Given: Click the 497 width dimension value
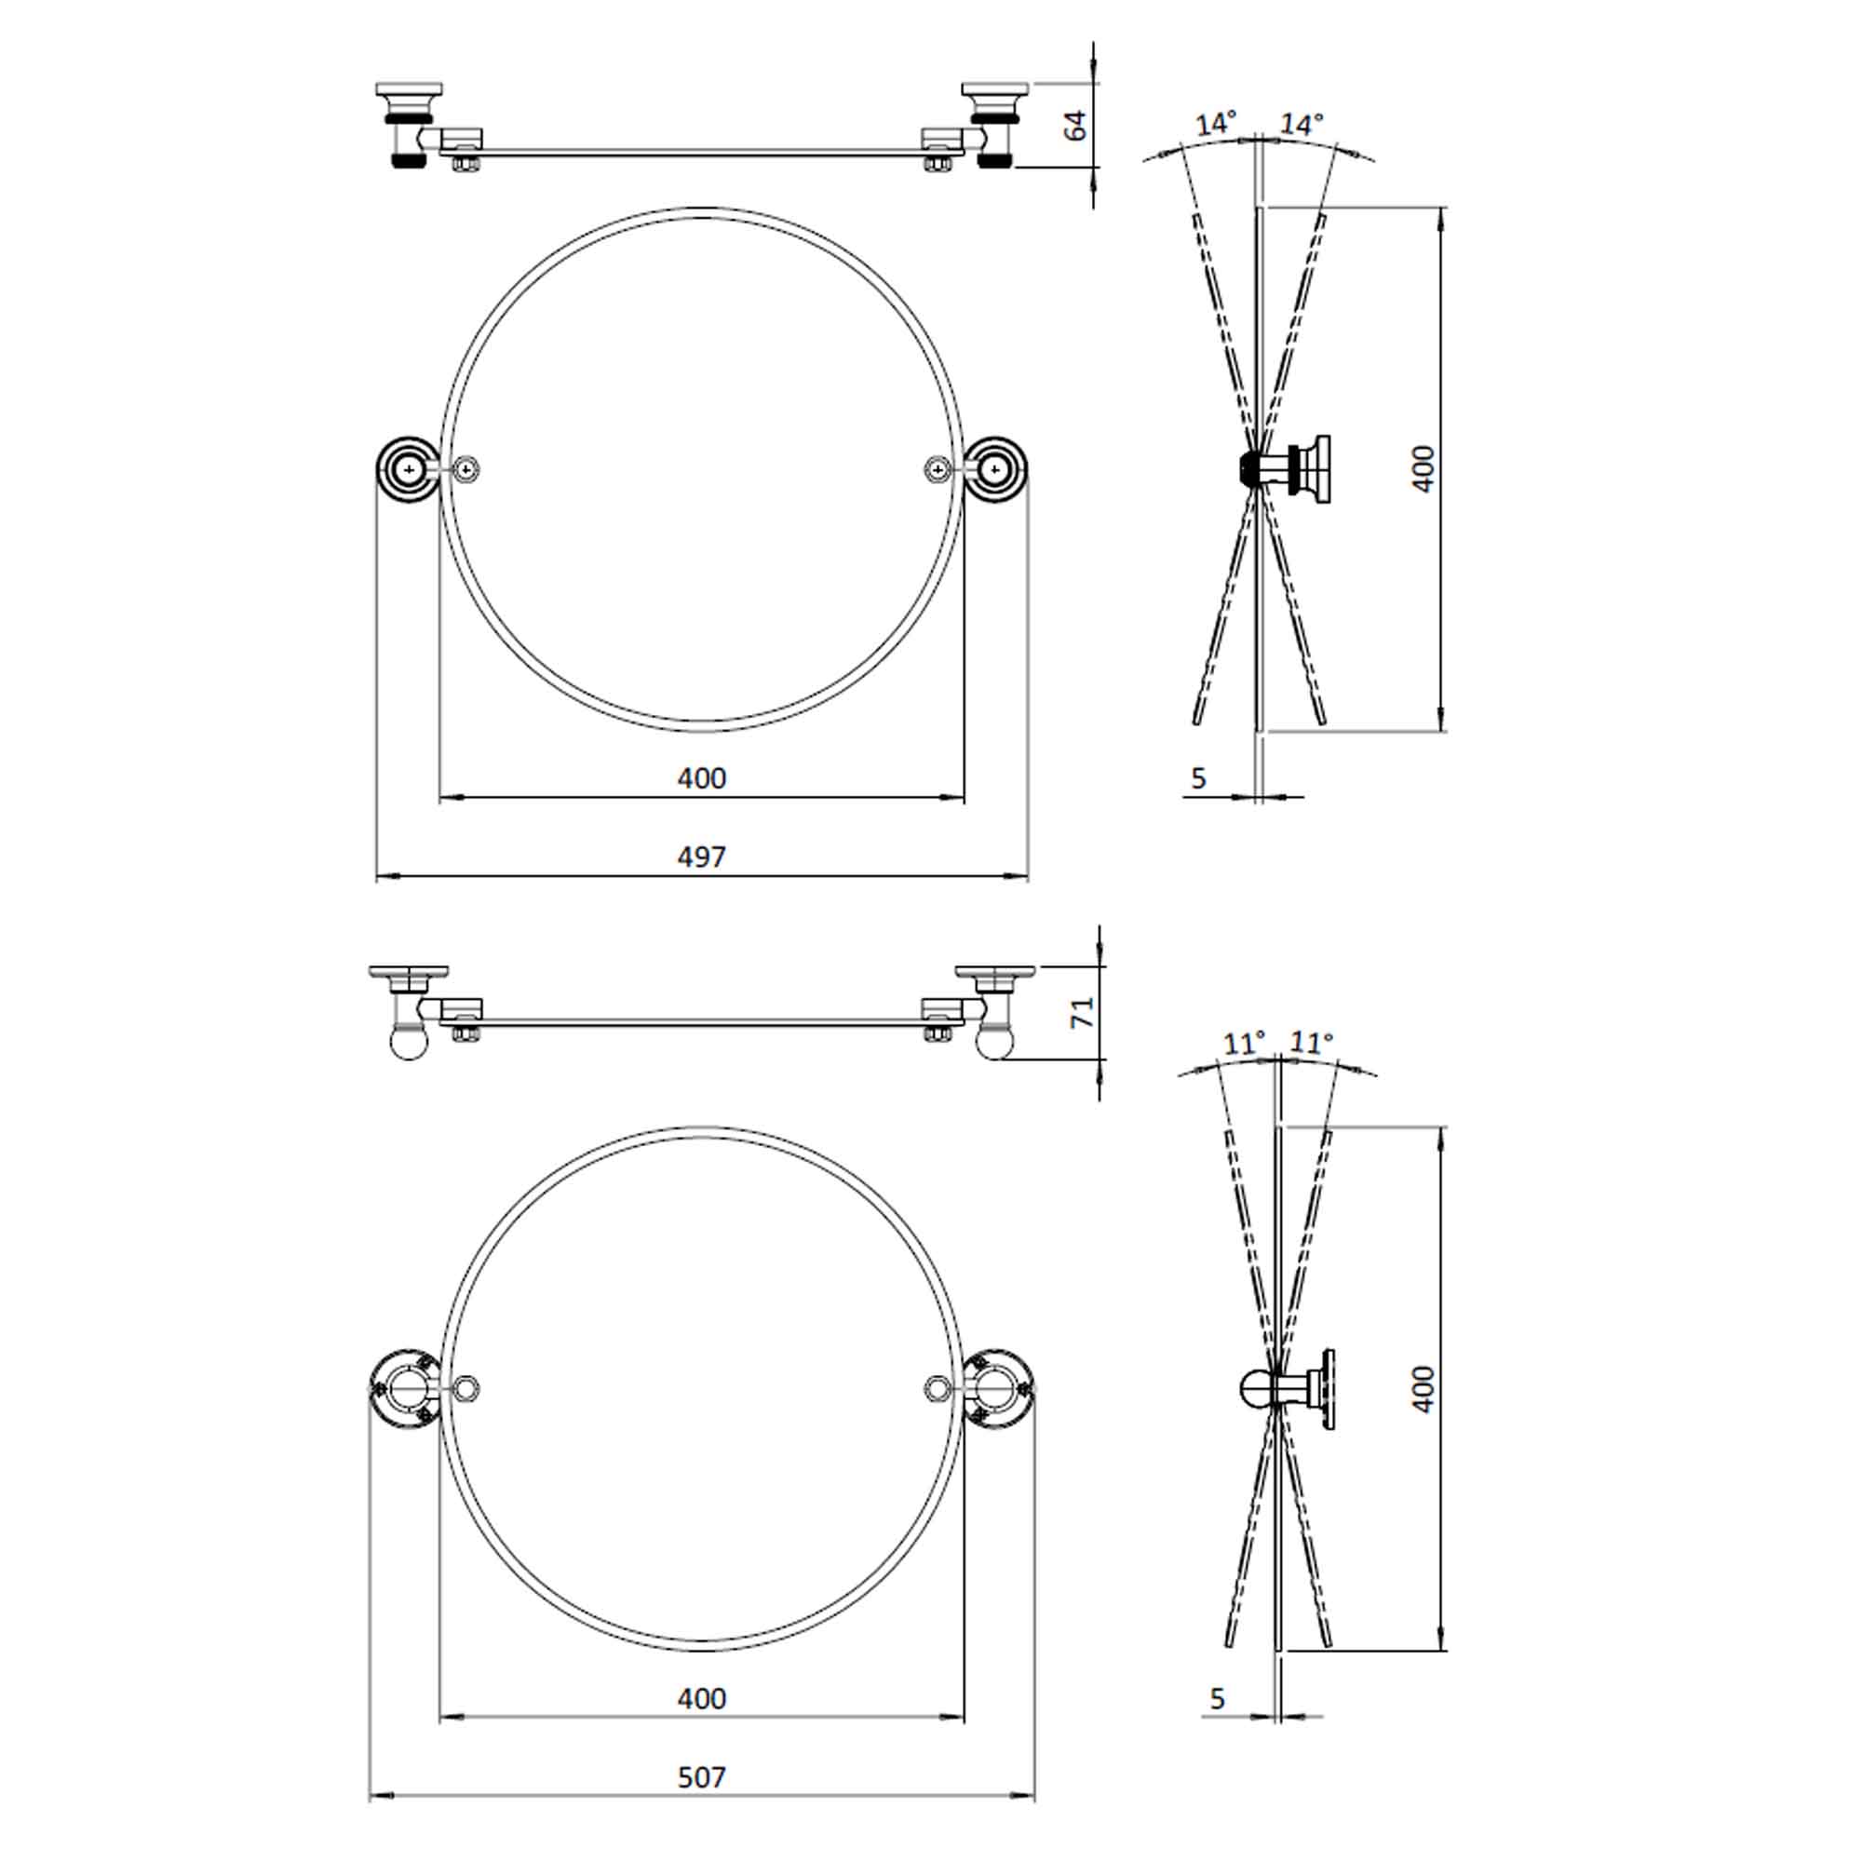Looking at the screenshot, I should point(701,857).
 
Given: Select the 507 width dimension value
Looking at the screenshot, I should point(701,1776).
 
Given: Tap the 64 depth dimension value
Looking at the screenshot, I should point(1075,126).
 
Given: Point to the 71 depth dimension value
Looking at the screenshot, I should point(1083,1012).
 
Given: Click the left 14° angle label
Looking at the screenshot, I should point(1215,125).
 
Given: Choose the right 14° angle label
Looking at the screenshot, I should point(1302,125).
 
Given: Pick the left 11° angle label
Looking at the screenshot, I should point(1243,1043).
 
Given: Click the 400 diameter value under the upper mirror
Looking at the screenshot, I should point(701,777).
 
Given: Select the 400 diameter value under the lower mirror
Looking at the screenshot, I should point(701,1697).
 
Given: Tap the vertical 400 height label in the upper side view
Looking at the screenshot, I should point(1423,468).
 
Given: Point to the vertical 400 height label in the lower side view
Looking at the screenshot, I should point(1423,1389).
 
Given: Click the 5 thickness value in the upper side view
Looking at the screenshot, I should point(1198,777).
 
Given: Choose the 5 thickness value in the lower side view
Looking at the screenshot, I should point(1216,1698).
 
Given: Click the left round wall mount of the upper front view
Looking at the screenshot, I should point(409,468).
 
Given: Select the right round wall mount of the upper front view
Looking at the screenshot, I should point(994,468).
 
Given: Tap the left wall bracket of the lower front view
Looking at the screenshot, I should point(403,1389).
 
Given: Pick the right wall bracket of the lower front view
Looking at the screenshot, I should point(998,1389).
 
